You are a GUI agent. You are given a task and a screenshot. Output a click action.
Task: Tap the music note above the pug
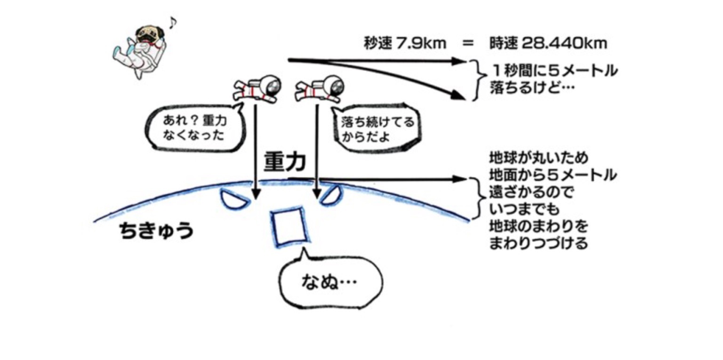click(173, 21)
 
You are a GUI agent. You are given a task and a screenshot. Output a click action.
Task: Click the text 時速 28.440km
click(547, 44)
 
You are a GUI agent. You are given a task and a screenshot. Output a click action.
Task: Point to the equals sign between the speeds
click(467, 44)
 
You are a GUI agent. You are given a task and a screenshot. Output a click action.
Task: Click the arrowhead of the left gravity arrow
click(256, 194)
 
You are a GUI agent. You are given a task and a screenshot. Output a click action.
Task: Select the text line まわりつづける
click(538, 244)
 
